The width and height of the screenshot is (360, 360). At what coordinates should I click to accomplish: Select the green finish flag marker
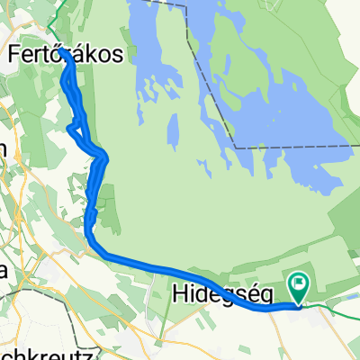click(x=299, y=287)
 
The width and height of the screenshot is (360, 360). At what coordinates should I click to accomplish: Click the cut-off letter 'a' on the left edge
click(x=4, y=269)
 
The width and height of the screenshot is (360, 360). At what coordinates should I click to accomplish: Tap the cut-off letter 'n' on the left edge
click(x=4, y=152)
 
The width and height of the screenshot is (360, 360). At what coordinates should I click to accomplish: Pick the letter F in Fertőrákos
click(x=13, y=54)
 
